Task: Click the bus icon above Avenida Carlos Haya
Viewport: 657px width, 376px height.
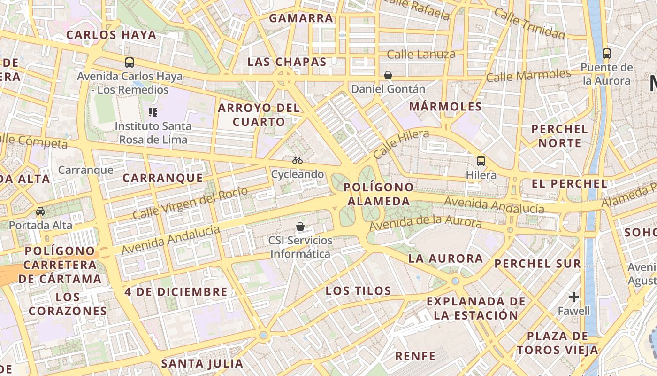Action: [129, 62]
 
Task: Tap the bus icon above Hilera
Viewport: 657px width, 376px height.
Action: [481, 161]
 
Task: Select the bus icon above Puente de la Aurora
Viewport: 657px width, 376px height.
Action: [606, 53]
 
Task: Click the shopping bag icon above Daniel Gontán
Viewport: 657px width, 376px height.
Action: [388, 75]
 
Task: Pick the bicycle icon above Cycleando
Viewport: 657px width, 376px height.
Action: [298, 160]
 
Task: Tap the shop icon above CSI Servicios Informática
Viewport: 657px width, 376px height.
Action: [300, 227]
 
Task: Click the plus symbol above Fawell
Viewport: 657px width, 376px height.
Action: [573, 297]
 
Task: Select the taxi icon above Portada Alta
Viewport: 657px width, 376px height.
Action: [40, 211]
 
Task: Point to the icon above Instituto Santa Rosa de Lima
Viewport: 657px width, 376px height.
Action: [153, 112]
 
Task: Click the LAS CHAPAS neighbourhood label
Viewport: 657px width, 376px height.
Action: [287, 62]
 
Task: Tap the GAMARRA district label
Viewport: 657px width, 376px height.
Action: [301, 18]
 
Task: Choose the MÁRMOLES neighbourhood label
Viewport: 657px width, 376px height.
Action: [445, 107]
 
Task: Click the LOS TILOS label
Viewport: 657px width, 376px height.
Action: [359, 291]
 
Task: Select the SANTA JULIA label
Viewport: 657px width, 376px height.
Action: [202, 363]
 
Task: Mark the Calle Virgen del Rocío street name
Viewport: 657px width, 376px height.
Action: [190, 203]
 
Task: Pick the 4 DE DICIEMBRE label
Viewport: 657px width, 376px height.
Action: [176, 292]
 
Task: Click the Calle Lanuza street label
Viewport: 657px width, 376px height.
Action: [421, 55]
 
